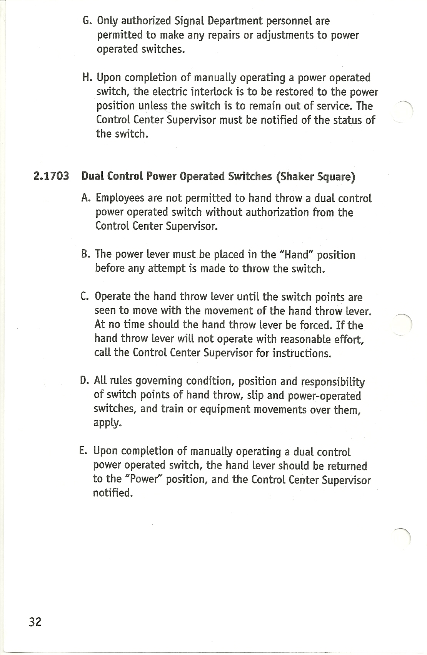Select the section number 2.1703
click(52, 176)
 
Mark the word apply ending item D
click(107, 423)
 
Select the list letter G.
click(87, 20)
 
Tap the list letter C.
click(85, 297)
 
